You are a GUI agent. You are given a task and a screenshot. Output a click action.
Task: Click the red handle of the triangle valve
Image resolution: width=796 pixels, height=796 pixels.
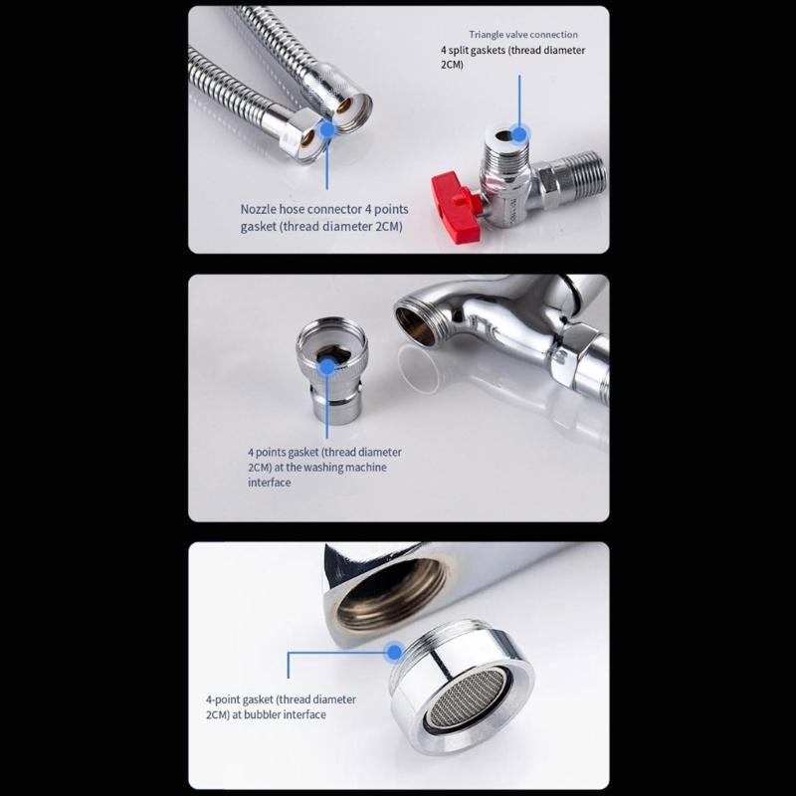[x=457, y=207]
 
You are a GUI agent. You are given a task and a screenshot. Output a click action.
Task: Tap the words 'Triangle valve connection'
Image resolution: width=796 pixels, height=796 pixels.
[x=523, y=35]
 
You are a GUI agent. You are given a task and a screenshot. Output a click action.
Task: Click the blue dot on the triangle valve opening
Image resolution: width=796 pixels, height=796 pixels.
[x=519, y=135]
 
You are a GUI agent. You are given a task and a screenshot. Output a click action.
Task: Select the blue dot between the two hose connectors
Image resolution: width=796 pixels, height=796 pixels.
[x=328, y=129]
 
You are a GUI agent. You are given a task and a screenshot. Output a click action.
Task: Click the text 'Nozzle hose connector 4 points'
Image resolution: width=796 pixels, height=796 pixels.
[x=324, y=209]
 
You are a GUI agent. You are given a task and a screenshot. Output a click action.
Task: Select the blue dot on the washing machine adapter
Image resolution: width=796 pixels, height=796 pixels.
[x=328, y=366]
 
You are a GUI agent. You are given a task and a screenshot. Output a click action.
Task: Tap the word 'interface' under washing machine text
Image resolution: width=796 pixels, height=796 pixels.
[x=270, y=483]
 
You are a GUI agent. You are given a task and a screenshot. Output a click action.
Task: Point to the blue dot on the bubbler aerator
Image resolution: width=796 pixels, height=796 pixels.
[x=394, y=652]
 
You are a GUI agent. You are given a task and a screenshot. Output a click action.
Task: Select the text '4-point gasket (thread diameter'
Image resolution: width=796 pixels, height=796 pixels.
[x=281, y=699]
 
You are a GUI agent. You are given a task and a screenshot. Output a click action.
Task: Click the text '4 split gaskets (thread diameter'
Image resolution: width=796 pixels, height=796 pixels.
[x=512, y=51]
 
